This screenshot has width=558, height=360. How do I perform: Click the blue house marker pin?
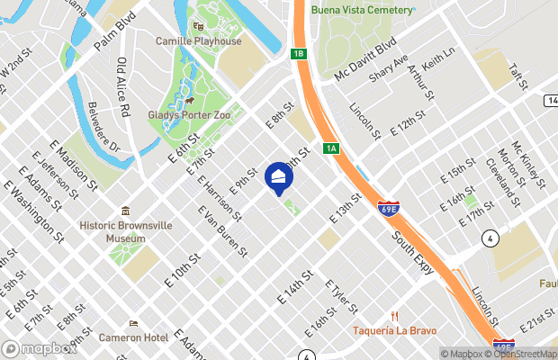pyautogui.click(x=279, y=178)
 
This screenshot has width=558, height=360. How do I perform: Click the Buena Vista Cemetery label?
pyautogui.click(x=363, y=10)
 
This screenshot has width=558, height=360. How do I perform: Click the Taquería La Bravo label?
pyautogui.click(x=394, y=328)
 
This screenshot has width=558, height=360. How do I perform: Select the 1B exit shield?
pyautogui.click(x=299, y=54)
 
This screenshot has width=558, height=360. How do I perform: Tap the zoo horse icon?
pyautogui.click(x=192, y=101)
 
